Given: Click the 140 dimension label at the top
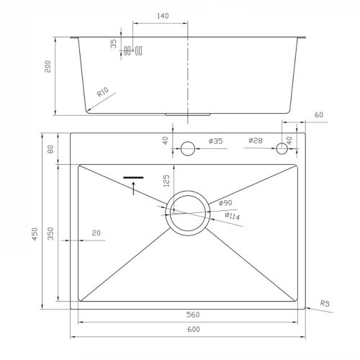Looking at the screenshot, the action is coord(163,16).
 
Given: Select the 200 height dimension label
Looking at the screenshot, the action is coord(48,66).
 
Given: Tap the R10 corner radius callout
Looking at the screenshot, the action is coord(103,92).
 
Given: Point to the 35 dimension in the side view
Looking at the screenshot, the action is coord(113,44).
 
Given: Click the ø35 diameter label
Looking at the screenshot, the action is coord(216,141).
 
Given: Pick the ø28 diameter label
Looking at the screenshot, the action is coord(256,140).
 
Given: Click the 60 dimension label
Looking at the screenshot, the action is coord(319,114).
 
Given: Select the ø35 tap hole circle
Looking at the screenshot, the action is coord(188,148).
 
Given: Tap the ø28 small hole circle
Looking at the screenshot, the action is coord(282,148).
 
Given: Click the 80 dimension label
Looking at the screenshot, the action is coord(50,149).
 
